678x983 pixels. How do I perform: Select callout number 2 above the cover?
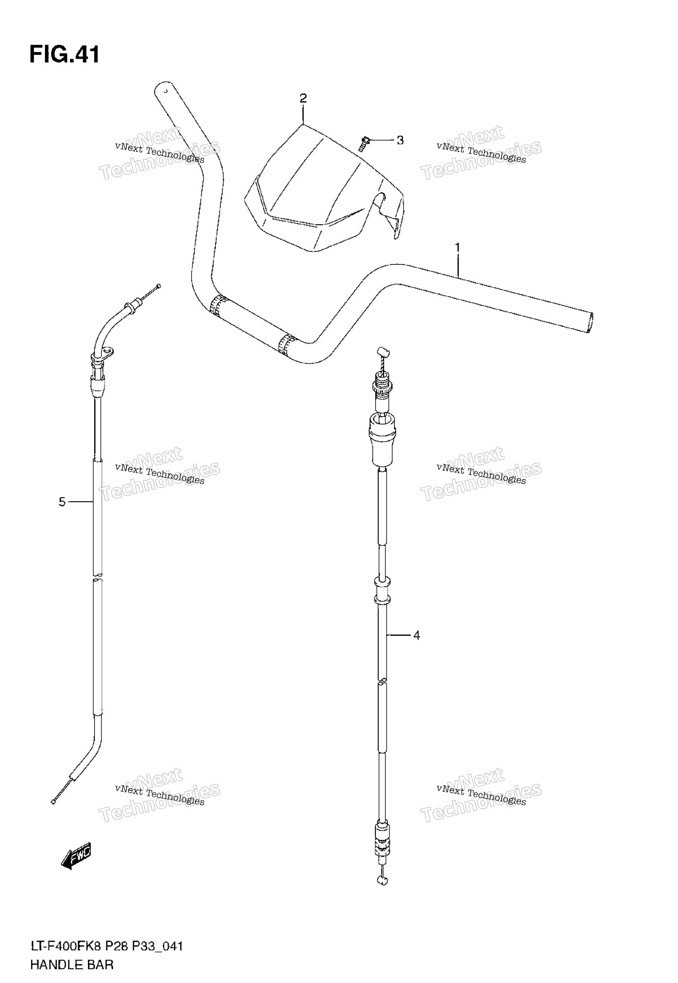coord(303,99)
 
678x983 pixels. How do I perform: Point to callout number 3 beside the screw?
coord(400,140)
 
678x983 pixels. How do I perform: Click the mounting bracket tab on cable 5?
coord(109,352)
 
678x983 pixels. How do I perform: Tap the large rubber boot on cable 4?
coord(383,441)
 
